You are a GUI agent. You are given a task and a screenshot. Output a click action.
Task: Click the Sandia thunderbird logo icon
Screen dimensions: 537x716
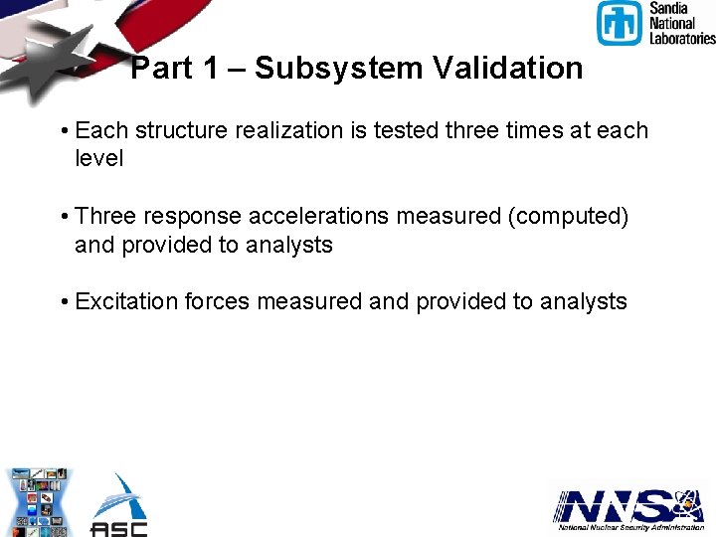619,23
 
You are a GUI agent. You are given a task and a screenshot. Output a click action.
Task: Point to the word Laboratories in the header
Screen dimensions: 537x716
682,38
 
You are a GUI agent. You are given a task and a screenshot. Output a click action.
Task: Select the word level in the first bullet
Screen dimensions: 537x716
98,158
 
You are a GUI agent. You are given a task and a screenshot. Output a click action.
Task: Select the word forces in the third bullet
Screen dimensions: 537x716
218,302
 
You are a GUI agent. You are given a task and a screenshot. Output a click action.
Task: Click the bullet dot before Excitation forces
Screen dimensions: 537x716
64,302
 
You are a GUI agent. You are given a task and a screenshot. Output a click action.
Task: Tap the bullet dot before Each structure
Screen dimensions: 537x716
64,131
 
